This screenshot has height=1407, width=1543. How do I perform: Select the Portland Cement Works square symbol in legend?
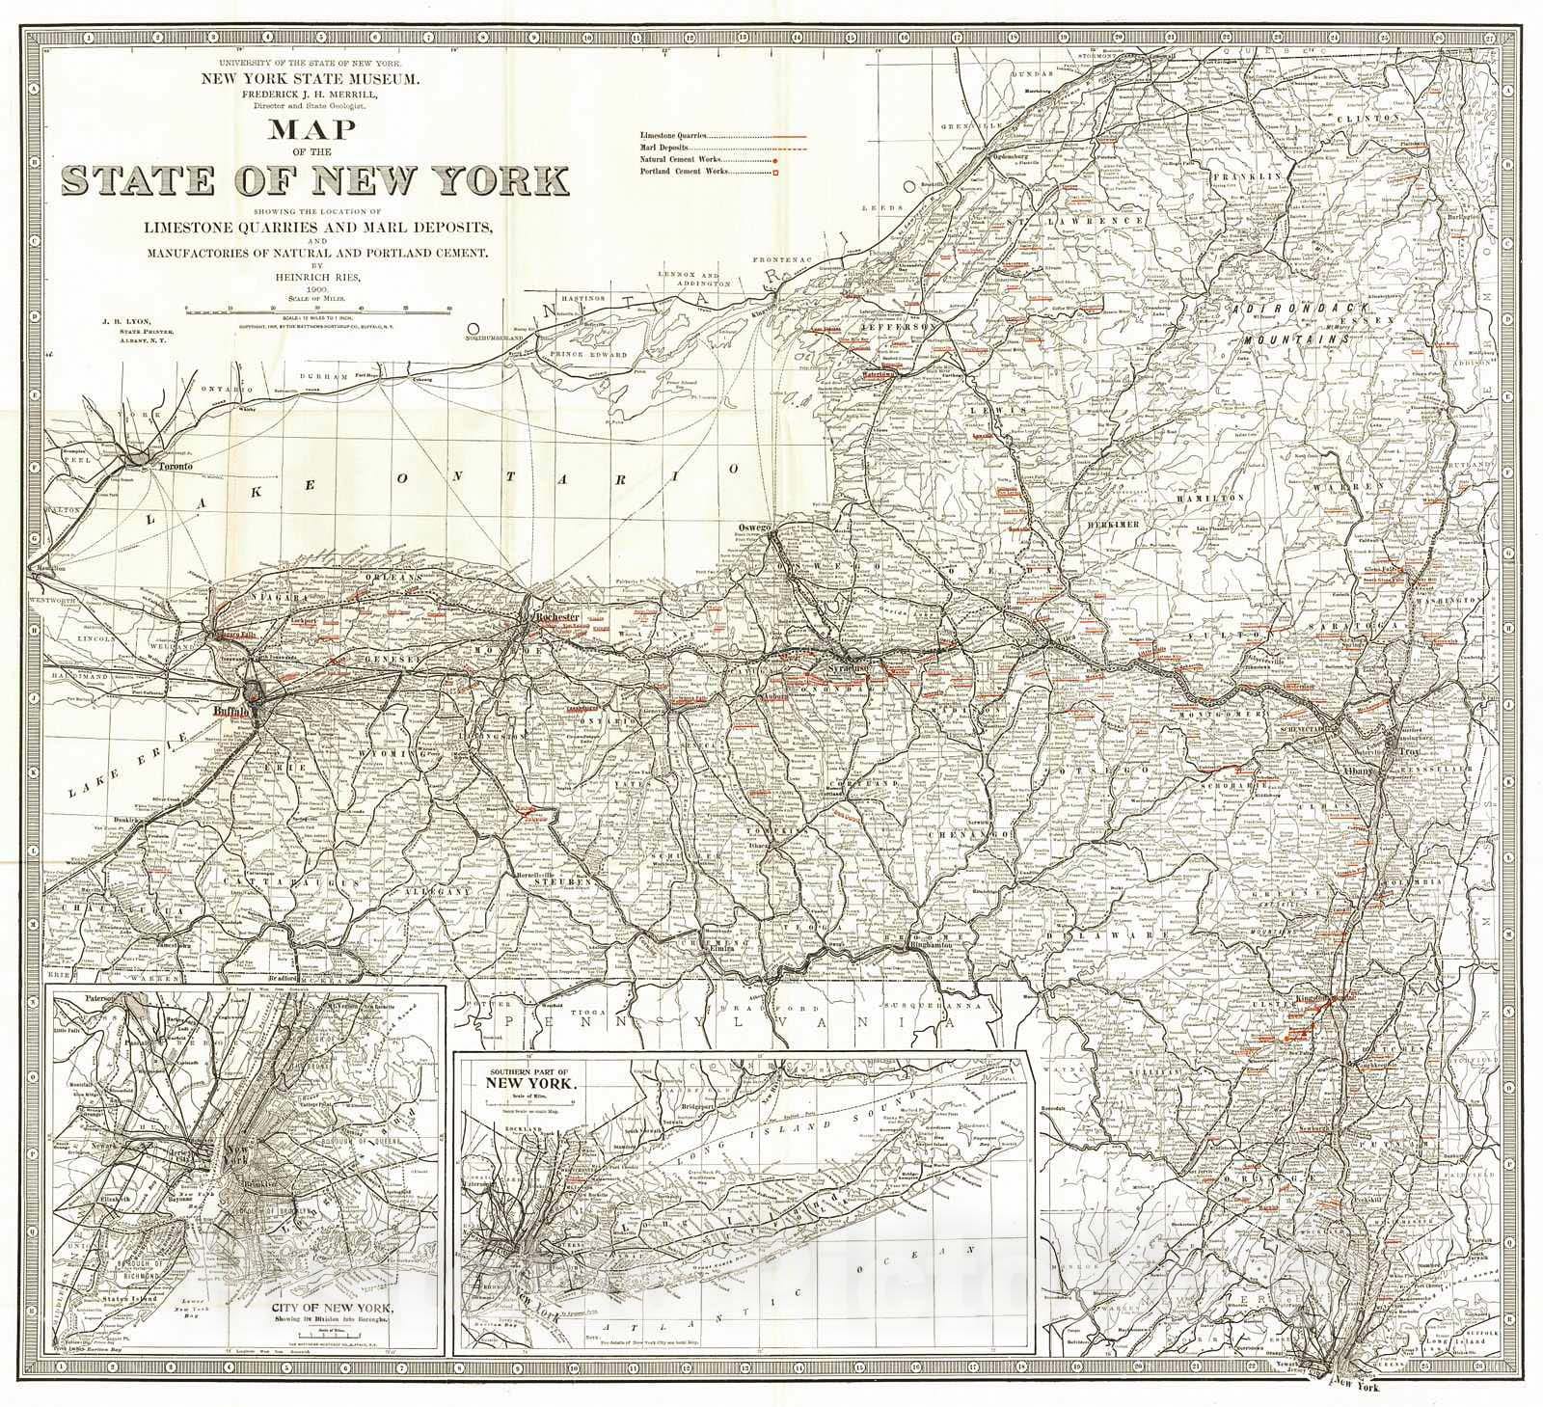[774, 173]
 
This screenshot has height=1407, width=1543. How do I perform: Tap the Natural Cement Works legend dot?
[774, 161]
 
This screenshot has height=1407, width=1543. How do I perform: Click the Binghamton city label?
[928, 947]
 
